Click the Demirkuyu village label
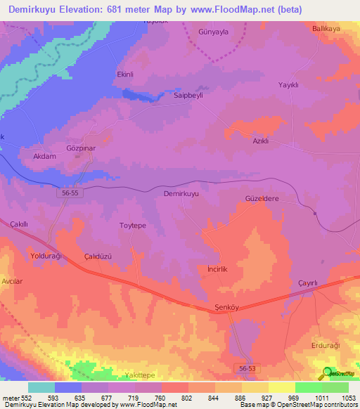[181, 193]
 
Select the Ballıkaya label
[326, 30]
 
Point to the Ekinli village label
[124, 73]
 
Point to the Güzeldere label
[262, 199]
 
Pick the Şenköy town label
[227, 308]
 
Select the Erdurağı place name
[325, 346]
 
